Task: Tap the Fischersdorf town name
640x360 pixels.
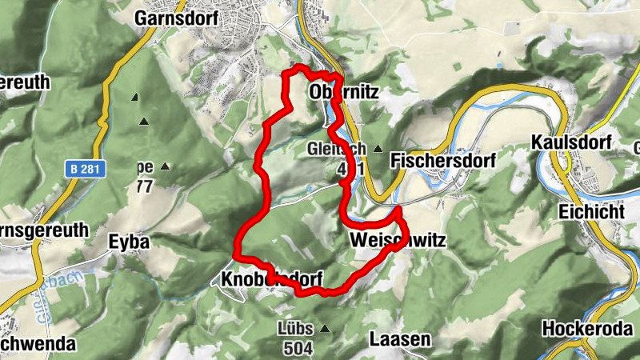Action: [x=442, y=161]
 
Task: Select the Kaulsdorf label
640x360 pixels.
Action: [x=571, y=142]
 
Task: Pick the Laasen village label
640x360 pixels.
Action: [x=400, y=339]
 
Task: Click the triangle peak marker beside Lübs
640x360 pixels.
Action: [x=325, y=328]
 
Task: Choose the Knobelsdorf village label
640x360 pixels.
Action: [x=270, y=279]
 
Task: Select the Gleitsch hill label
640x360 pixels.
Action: [x=336, y=149]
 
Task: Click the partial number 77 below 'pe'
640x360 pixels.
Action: [x=144, y=186]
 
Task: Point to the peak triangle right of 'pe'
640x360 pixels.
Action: [x=165, y=166]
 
